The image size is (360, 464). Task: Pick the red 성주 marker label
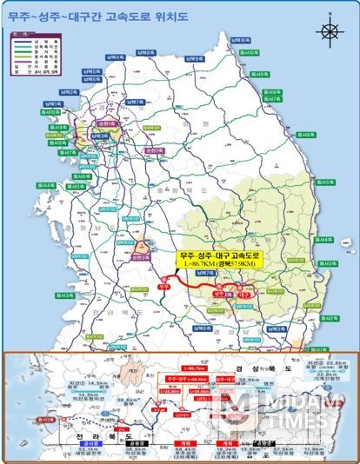pos(217,295)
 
